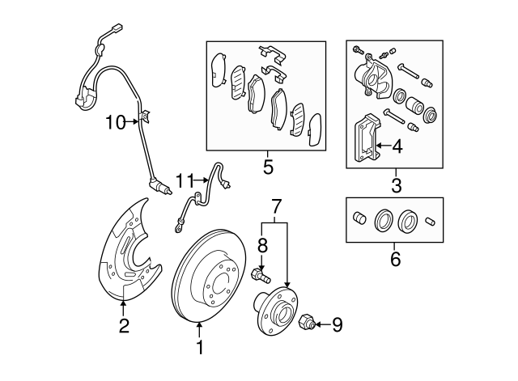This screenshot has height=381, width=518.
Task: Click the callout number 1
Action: [200, 349]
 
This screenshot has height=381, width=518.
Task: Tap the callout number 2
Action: [123, 327]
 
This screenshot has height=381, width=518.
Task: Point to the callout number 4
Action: [397, 148]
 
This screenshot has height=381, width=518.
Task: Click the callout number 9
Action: [338, 324]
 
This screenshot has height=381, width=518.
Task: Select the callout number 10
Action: [115, 122]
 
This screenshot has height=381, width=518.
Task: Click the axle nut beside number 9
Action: [308, 324]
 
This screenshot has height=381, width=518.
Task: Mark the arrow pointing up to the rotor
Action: [200, 328]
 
